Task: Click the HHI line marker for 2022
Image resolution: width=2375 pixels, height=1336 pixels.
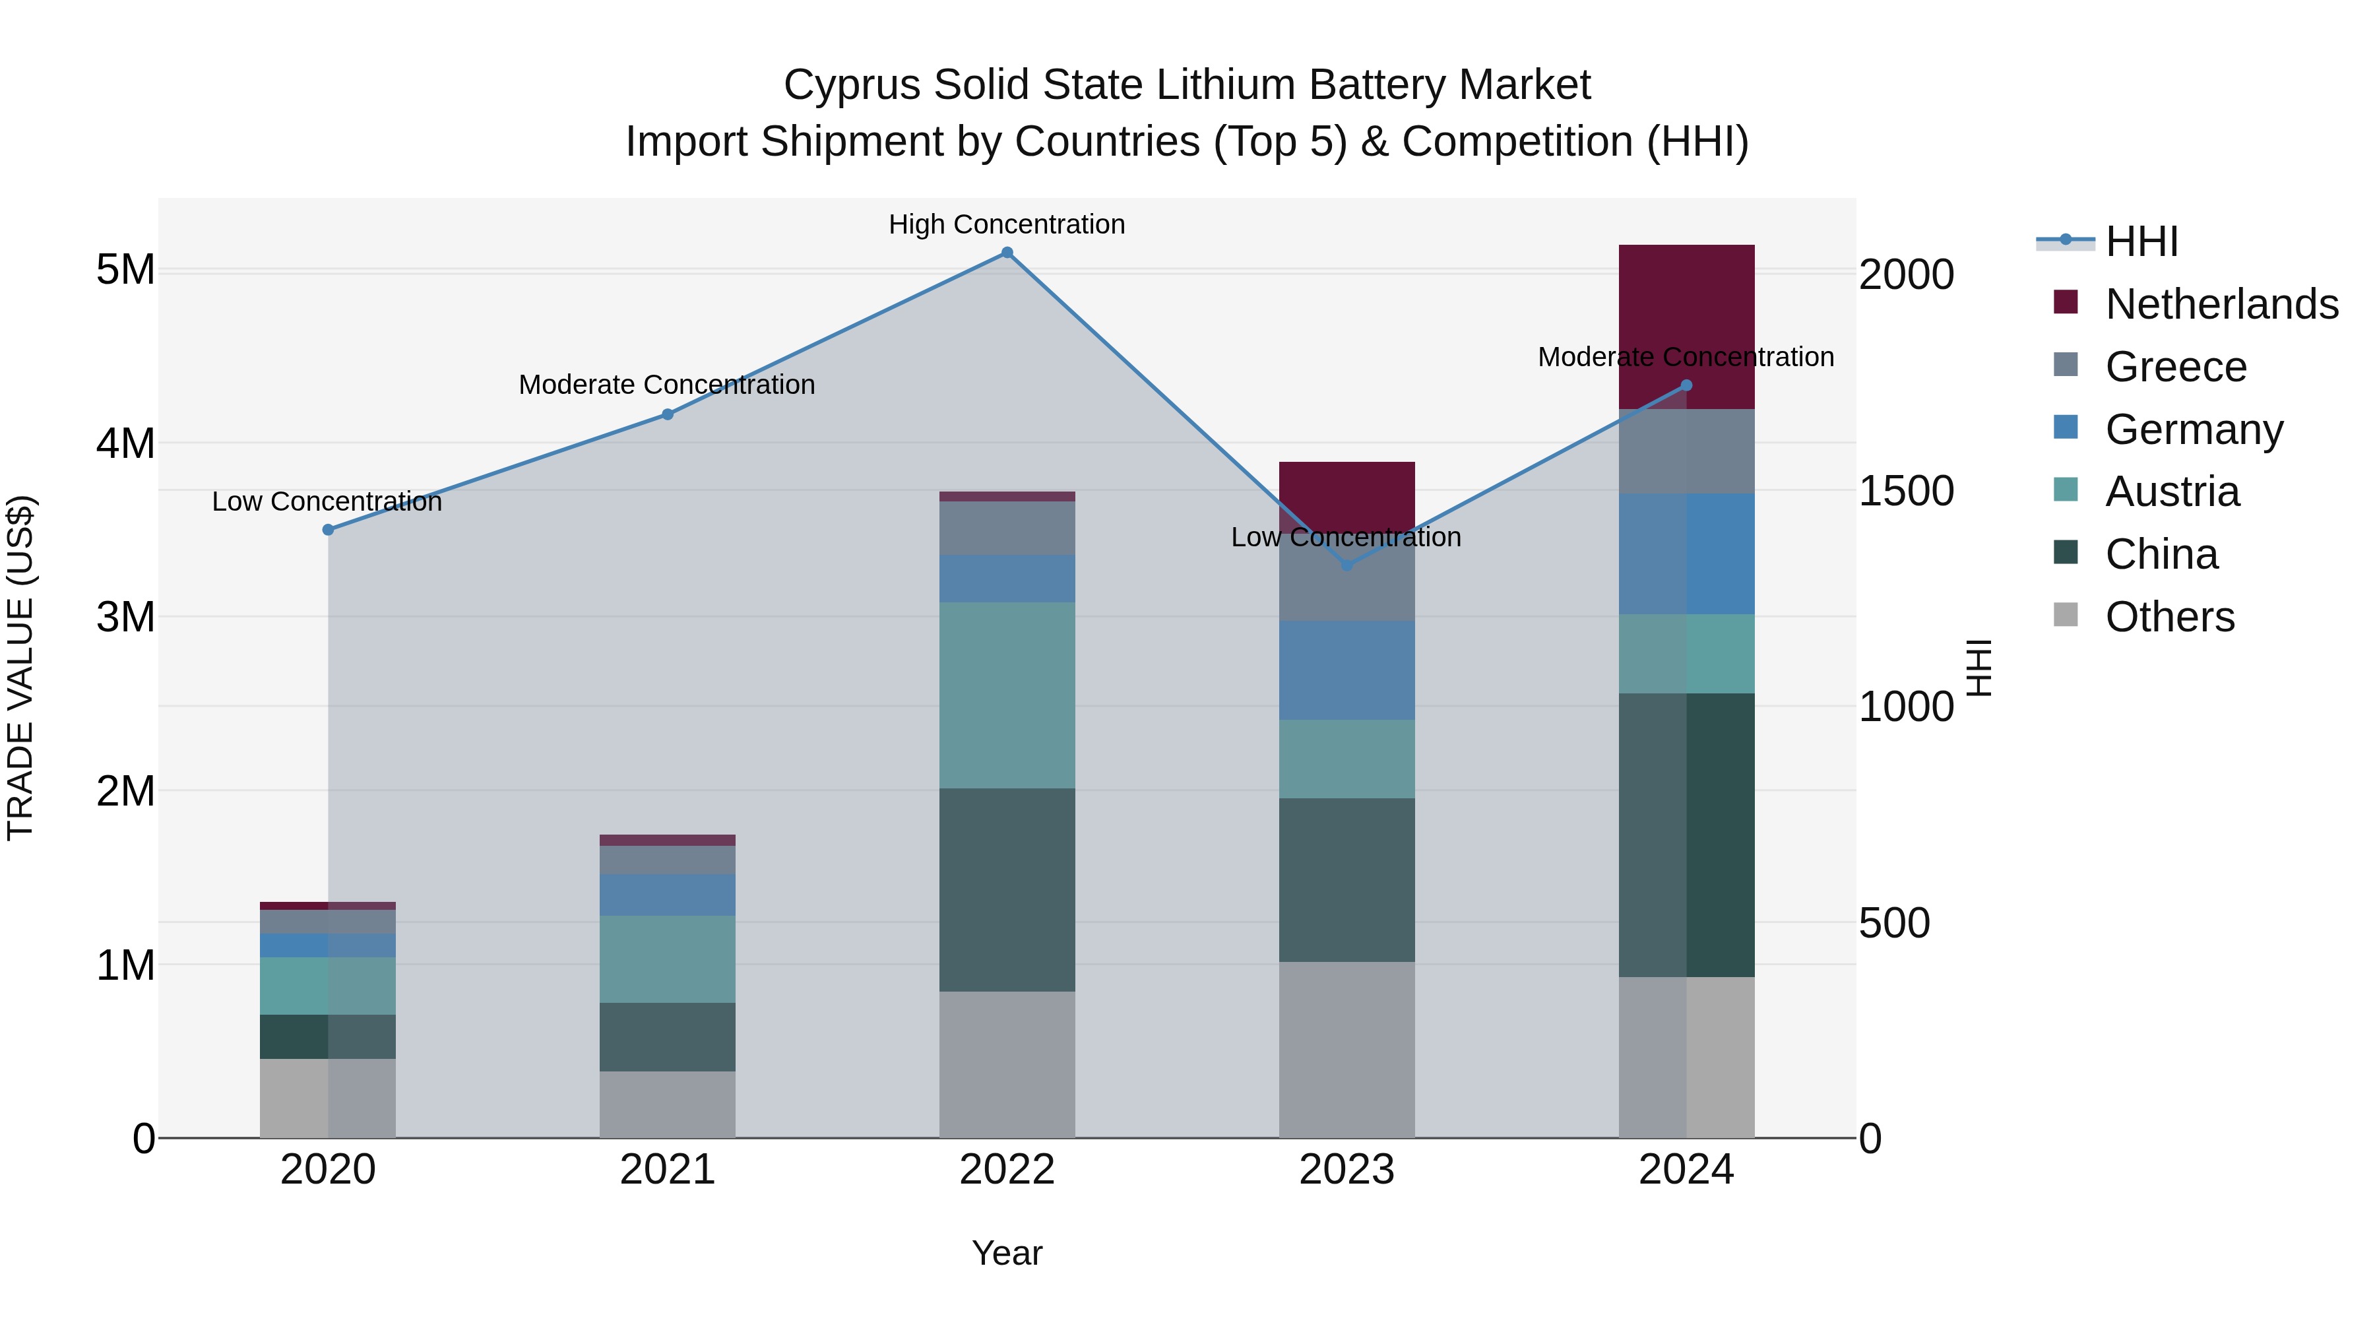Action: [1007, 253]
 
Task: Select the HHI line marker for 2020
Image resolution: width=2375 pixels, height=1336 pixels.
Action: [329, 529]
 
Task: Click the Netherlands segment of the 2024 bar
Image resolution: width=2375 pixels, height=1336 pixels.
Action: [1686, 327]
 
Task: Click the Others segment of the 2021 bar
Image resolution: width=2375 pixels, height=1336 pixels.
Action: [668, 1104]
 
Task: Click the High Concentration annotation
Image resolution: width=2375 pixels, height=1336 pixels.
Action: [1007, 224]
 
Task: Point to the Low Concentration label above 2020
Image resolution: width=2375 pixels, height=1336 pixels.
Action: [327, 501]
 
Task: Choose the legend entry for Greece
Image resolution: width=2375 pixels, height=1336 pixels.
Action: [2175, 367]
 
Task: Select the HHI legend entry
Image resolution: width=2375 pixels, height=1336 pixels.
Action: [2141, 241]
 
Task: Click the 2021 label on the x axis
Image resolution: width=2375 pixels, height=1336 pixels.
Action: [668, 1170]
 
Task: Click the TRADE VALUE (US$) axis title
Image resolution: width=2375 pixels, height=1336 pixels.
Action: [20, 668]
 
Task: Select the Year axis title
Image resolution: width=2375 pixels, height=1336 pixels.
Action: [1007, 1253]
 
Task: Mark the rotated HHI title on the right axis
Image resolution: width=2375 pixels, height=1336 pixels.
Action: [1978, 668]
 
